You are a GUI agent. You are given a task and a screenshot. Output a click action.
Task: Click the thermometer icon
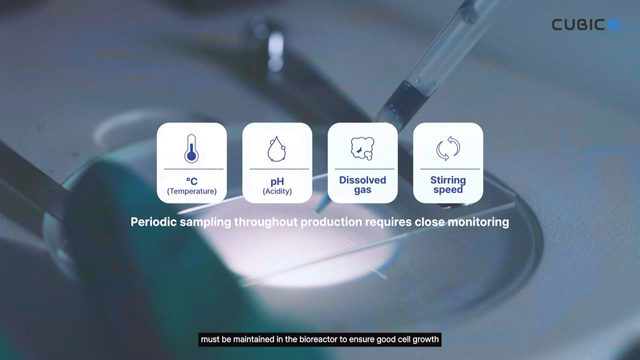(191, 148)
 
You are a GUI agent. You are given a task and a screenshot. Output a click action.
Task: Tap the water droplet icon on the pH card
(276, 149)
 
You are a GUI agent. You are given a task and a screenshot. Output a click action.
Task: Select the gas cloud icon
(362, 148)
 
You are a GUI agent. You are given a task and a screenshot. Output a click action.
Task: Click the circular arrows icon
(448, 148)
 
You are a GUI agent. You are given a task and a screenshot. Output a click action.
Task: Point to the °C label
(191, 181)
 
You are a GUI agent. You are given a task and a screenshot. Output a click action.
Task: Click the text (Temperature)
(191, 191)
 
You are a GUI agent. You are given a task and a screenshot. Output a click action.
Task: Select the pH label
(277, 181)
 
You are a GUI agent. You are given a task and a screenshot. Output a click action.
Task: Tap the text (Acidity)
(277, 191)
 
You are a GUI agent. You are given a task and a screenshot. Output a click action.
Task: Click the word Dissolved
(362, 180)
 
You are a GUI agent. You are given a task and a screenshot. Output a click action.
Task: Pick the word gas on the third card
(362, 190)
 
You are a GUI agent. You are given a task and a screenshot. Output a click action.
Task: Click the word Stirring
(448, 180)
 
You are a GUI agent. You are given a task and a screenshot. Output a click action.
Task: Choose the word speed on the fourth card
(448, 190)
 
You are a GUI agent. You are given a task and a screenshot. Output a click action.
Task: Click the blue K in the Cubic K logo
(614, 24)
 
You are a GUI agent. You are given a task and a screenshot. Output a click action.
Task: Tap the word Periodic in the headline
(153, 222)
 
